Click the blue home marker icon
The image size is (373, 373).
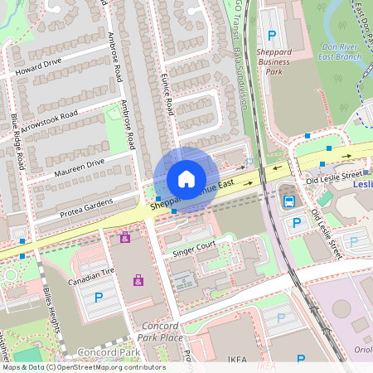186,179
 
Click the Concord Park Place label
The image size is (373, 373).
160,332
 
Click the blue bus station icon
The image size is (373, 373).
289,201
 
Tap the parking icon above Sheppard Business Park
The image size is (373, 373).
272,35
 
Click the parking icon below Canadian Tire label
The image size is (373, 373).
99,297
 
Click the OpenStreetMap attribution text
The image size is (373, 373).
83,367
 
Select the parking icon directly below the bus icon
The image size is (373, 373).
295,223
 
